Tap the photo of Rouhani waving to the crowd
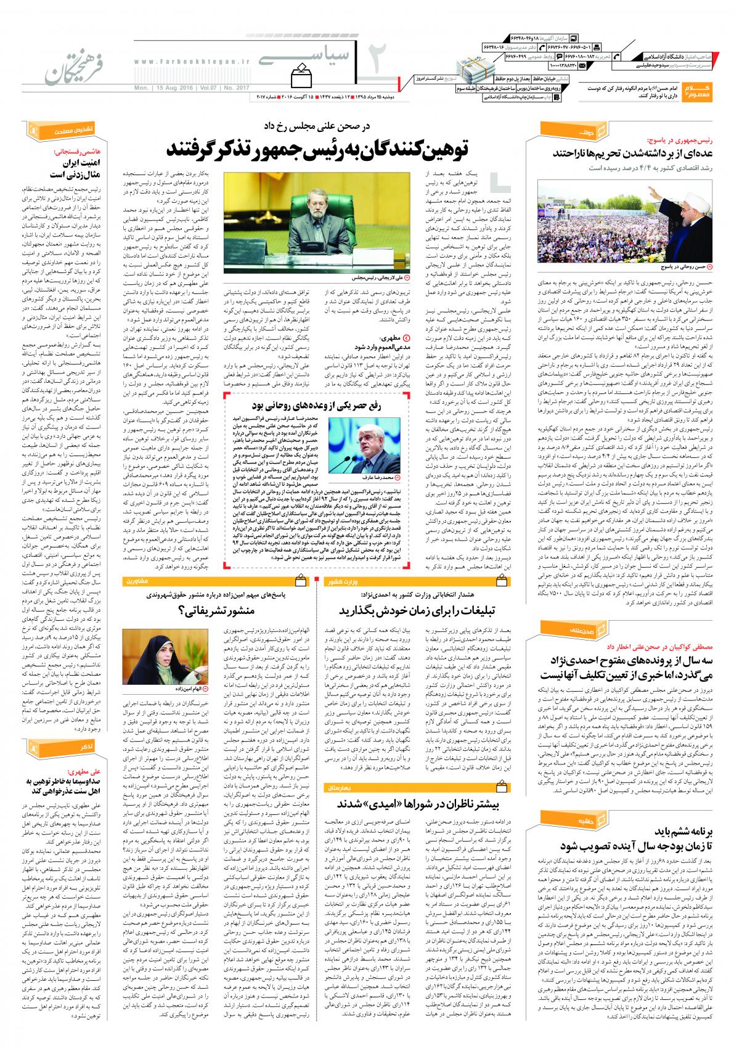(x=624, y=215)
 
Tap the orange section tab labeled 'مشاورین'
(x=137, y=581)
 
